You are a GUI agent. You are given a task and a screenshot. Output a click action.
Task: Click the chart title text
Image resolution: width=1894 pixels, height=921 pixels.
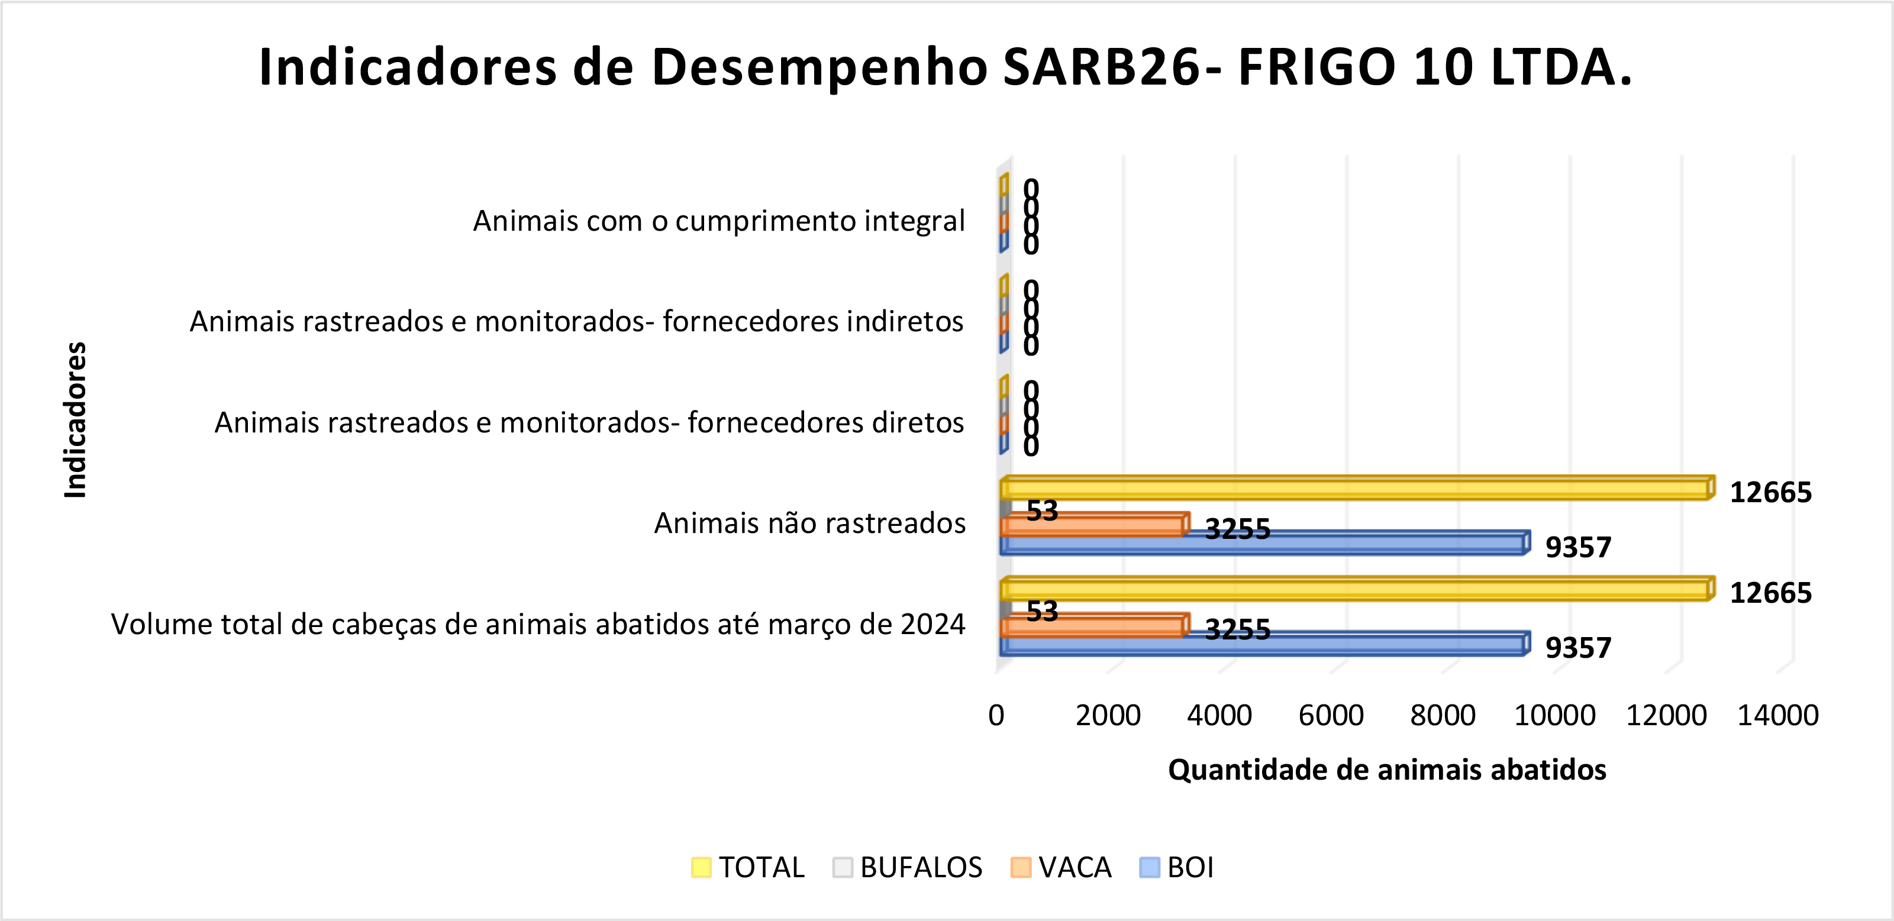tap(946, 67)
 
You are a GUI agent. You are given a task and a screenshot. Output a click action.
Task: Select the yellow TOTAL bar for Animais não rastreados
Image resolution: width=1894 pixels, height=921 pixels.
tap(1353, 489)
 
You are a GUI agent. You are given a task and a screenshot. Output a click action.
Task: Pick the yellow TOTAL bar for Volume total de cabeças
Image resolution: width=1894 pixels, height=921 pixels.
tap(1353, 590)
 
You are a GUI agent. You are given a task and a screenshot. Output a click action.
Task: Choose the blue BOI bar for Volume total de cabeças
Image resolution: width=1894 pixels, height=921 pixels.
tap(1261, 645)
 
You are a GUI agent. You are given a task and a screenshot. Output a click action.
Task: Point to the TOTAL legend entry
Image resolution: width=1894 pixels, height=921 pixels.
tap(748, 867)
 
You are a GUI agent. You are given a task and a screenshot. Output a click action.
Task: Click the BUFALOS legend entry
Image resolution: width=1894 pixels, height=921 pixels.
tap(907, 867)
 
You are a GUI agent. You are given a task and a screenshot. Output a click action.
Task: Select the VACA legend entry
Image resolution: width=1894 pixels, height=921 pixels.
tap(1061, 867)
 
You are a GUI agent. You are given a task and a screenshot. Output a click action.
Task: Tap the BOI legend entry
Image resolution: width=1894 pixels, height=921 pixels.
tap(1176, 867)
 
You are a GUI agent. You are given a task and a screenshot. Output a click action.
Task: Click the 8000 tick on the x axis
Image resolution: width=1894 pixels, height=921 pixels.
tap(1443, 715)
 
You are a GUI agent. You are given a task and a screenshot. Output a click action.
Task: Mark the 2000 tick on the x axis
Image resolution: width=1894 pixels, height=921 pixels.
tap(1108, 715)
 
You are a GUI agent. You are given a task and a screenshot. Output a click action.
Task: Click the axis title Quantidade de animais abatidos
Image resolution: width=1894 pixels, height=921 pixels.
tap(1387, 770)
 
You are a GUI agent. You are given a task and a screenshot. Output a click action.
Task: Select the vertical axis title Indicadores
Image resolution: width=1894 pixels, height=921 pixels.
tap(76, 420)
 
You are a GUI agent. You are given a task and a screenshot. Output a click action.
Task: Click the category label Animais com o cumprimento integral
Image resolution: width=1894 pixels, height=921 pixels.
tap(718, 221)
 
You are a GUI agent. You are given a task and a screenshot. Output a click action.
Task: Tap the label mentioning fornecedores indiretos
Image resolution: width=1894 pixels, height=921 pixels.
tap(576, 321)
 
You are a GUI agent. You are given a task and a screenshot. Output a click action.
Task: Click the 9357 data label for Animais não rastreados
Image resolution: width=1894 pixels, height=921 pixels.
tap(1578, 547)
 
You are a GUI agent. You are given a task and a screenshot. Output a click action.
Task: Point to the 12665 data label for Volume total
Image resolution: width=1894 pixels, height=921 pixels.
tap(1770, 593)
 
